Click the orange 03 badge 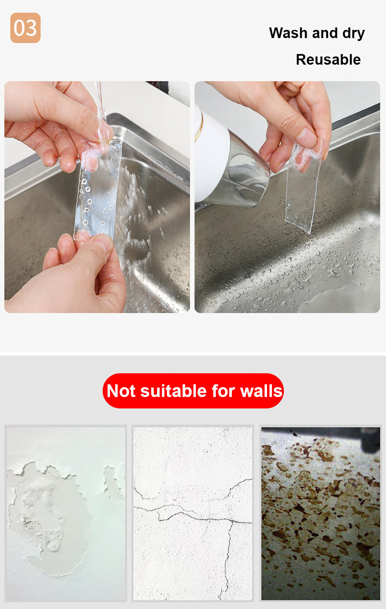click(x=25, y=28)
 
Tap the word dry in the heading click(x=353, y=34)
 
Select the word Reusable click(x=328, y=59)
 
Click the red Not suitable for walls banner click(x=193, y=391)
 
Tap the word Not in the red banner click(x=121, y=391)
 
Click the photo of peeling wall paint click(x=66, y=514)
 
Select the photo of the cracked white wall click(x=193, y=514)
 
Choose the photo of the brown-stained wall click(x=321, y=514)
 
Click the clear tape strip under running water click(x=98, y=190)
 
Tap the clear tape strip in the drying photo click(x=303, y=187)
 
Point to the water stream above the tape click(x=101, y=111)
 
